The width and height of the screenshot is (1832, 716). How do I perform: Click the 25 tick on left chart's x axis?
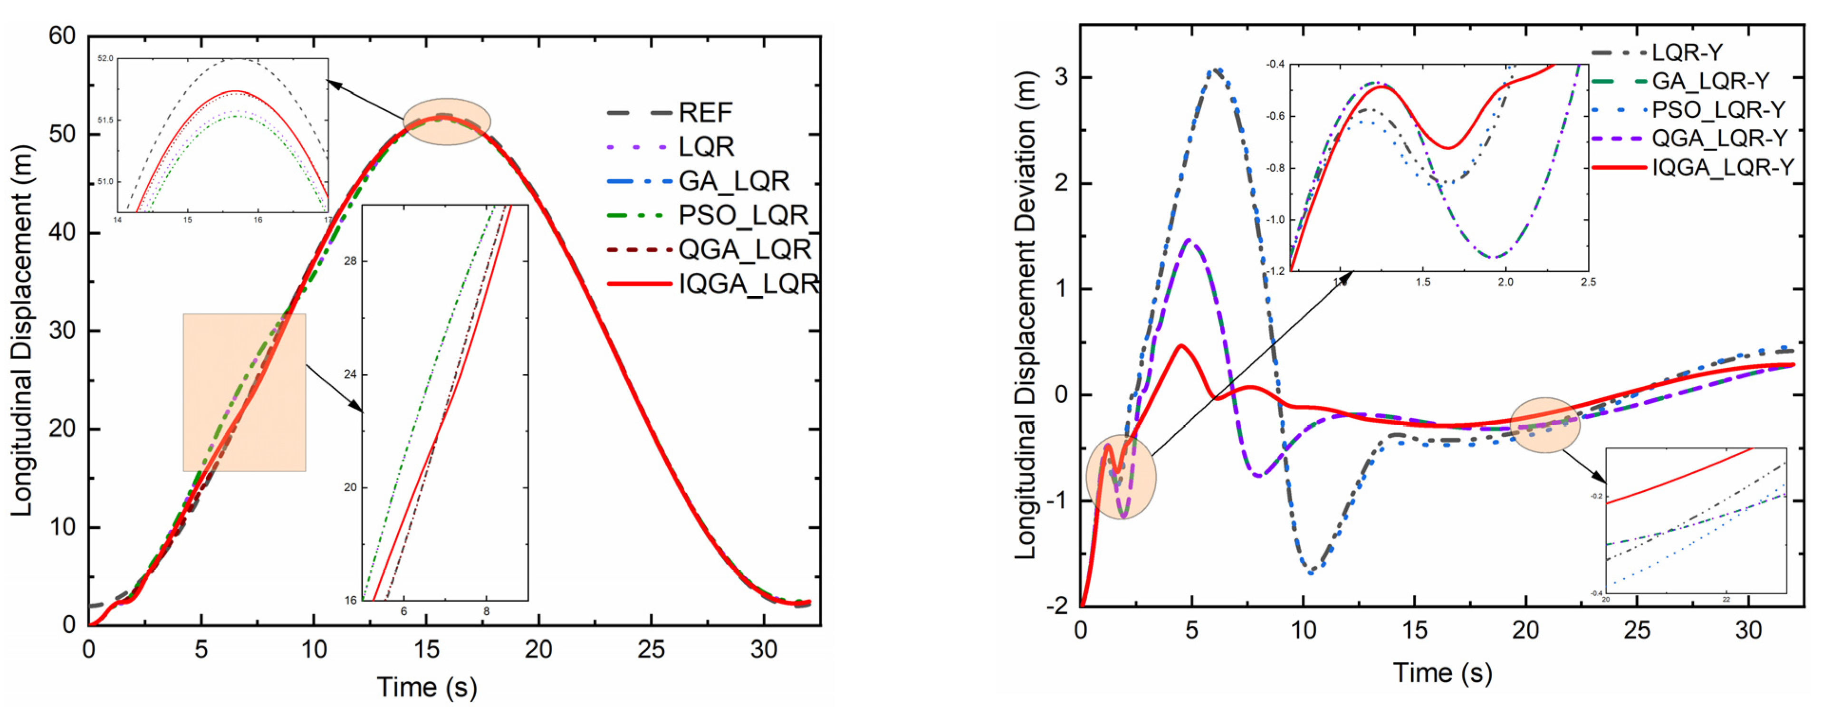651,649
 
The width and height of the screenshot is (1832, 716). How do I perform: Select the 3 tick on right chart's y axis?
1061,77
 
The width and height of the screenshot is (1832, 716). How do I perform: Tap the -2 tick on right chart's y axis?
1057,606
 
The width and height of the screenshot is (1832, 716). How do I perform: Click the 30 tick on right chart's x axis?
1748,630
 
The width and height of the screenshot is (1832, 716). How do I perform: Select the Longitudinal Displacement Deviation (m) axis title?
1025,316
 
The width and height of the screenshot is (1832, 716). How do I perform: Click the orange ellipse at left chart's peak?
447,122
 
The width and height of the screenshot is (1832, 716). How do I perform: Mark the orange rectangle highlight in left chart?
244,392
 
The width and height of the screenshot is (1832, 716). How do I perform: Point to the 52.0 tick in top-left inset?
105,58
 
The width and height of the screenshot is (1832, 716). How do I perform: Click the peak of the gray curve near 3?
1217,70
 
